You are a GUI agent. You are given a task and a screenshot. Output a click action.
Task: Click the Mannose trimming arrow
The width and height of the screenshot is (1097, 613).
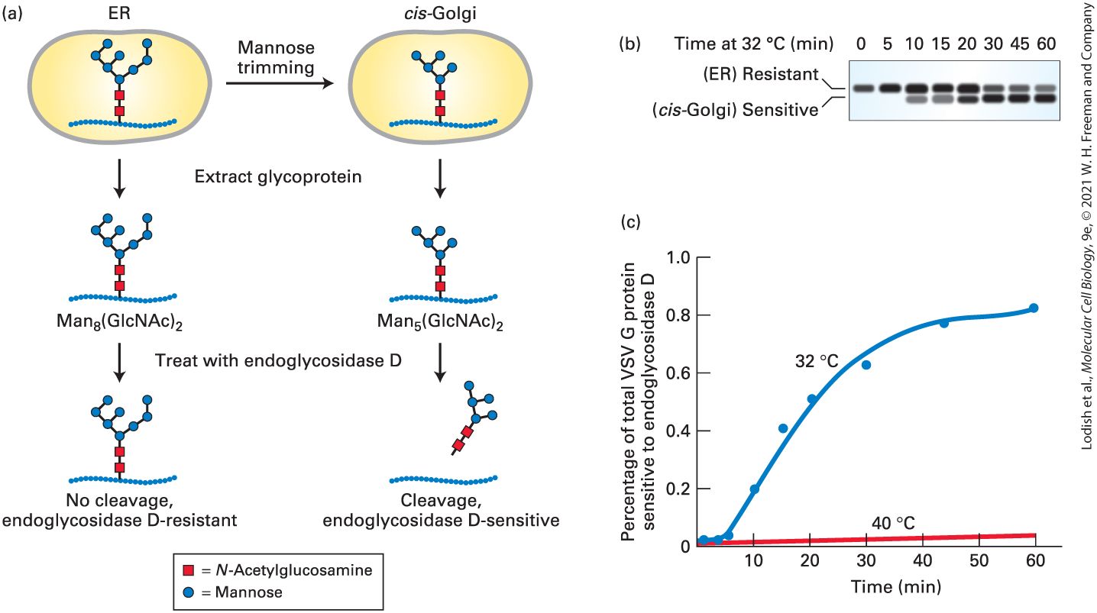(x=280, y=83)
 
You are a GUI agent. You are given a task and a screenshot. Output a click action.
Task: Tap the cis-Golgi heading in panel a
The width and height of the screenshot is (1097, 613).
(x=440, y=13)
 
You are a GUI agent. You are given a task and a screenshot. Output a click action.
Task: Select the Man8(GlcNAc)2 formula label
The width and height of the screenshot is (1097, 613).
(x=119, y=322)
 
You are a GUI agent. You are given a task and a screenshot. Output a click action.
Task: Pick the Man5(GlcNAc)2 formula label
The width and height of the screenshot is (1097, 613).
(x=440, y=322)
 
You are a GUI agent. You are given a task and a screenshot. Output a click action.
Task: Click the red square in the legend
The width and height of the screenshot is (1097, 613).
(x=189, y=570)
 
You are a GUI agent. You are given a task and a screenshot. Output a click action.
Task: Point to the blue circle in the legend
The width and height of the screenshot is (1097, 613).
(x=189, y=592)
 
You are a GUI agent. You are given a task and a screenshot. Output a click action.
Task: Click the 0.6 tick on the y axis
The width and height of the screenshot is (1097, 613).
(x=678, y=373)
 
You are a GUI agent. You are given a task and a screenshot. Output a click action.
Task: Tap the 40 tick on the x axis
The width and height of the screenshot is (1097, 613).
(x=923, y=560)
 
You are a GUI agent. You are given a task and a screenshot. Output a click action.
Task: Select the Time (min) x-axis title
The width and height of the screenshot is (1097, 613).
(x=896, y=586)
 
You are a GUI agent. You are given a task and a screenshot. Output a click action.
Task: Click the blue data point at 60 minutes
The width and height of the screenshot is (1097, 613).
(x=1034, y=308)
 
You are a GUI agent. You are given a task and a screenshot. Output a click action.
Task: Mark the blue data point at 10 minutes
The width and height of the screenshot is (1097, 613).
(x=754, y=489)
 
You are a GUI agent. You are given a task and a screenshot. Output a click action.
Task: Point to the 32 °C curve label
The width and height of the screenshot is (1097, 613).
(x=817, y=361)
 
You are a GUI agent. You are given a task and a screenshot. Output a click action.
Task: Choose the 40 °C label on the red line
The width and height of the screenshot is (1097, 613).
(x=893, y=523)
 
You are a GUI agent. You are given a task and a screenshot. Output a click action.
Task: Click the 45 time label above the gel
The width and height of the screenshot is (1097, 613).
(x=1020, y=44)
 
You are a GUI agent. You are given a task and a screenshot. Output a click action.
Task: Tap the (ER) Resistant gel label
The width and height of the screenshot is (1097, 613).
(x=761, y=74)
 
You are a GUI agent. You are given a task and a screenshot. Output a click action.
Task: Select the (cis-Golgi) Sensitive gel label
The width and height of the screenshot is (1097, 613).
(x=735, y=110)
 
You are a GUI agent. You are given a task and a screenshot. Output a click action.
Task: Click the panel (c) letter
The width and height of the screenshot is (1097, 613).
(x=631, y=222)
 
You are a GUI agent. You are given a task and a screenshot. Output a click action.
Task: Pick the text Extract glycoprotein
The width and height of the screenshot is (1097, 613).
(x=278, y=176)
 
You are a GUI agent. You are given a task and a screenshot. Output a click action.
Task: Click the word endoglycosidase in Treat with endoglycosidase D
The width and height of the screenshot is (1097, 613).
(x=315, y=360)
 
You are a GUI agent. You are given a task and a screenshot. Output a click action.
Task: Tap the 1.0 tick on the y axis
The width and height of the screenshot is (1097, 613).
(x=678, y=257)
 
